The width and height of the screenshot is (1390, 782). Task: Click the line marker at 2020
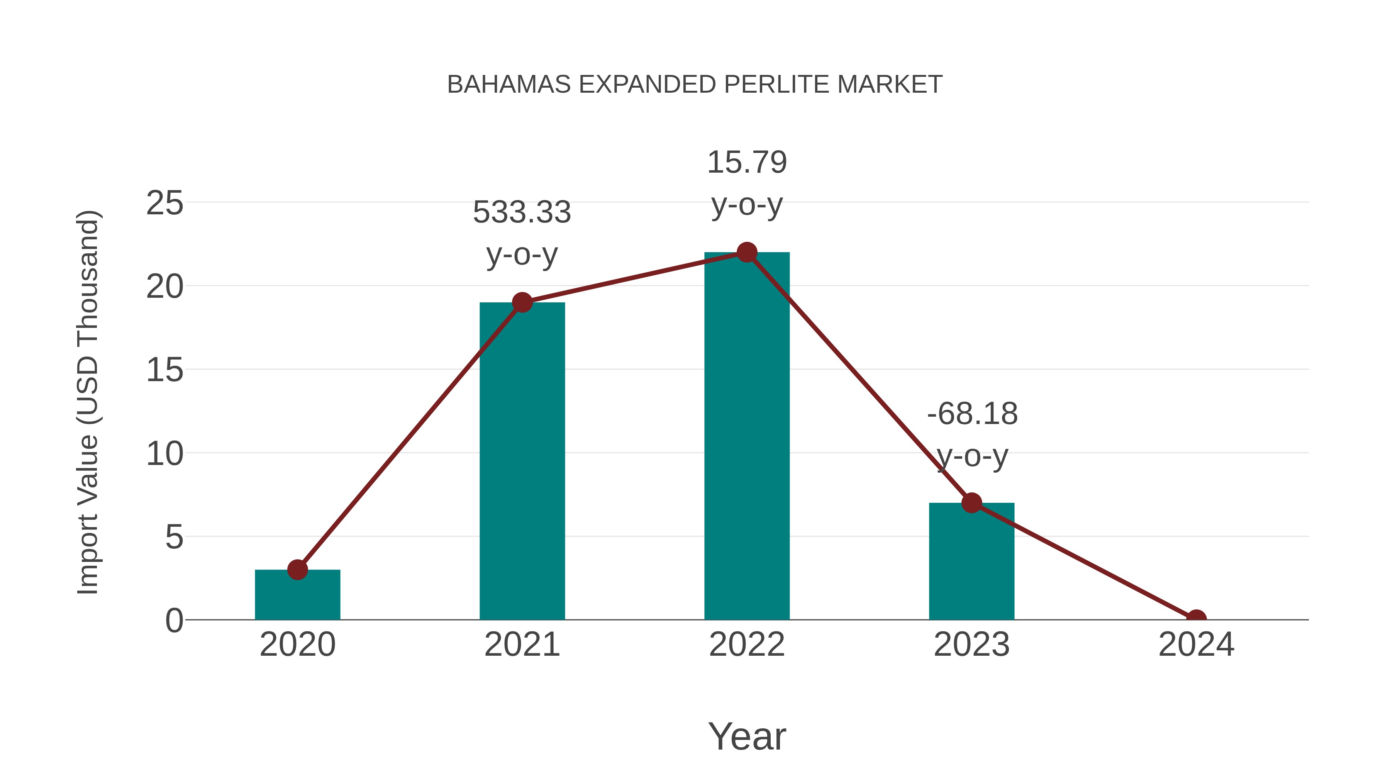[297, 569]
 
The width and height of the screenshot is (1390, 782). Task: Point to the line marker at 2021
[522, 302]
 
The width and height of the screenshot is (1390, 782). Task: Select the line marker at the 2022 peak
[747, 252]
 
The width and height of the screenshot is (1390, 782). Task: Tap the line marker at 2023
[971, 503]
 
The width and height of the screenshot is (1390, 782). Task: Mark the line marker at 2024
[1196, 619]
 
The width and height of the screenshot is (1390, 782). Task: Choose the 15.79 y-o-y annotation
[747, 183]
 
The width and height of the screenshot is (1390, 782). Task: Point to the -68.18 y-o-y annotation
[972, 434]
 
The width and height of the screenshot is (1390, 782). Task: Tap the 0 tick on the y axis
[174, 621]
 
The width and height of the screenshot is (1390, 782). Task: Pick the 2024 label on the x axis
[1196, 645]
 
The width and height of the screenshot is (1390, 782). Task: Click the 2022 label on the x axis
[747, 645]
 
